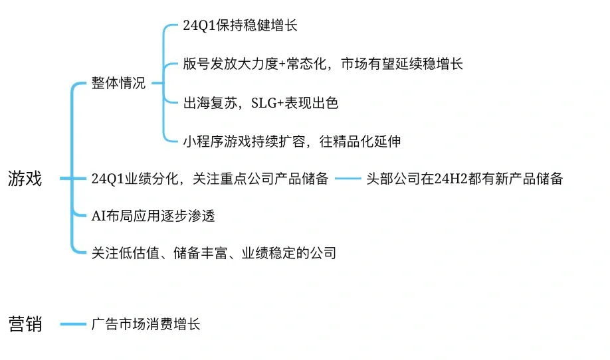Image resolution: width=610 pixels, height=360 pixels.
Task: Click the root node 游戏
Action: (x=25, y=179)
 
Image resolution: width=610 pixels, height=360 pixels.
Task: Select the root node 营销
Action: (x=25, y=324)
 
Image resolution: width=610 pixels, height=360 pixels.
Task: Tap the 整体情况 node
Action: (x=118, y=84)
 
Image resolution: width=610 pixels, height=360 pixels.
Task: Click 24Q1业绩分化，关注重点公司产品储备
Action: (x=210, y=179)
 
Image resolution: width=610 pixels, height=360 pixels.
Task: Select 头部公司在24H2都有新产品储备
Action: (x=464, y=179)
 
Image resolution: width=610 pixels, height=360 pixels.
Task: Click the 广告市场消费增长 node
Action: (x=146, y=324)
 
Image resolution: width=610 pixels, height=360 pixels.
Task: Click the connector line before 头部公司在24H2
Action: (x=348, y=179)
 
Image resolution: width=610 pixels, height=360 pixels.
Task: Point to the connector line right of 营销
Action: (x=72, y=324)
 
